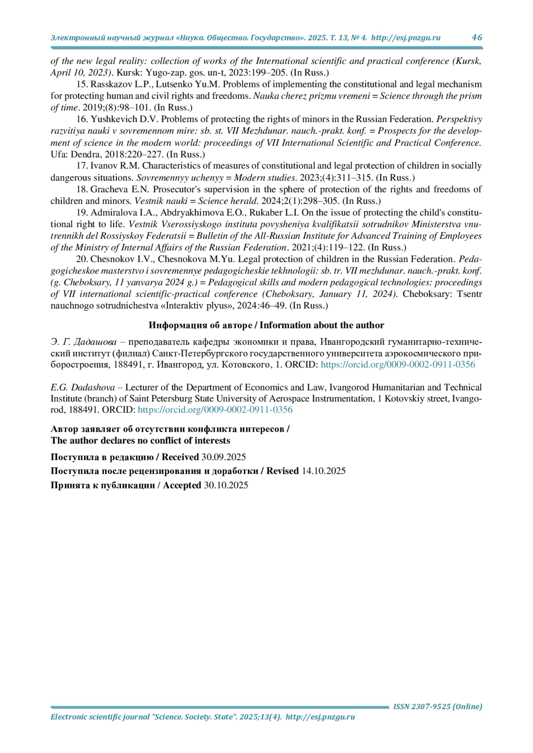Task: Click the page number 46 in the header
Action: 477,37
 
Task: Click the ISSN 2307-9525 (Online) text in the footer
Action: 438,706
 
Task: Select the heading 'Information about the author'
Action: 322,325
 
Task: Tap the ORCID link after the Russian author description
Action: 398,365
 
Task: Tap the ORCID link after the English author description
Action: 215,410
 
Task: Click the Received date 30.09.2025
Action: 223,457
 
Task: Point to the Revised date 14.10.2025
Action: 323,471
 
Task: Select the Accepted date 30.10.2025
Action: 226,485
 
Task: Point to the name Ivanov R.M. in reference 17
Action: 115,166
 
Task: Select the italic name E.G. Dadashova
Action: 83,387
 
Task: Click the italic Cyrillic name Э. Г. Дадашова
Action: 84,342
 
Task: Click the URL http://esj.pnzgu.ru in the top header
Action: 406,38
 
